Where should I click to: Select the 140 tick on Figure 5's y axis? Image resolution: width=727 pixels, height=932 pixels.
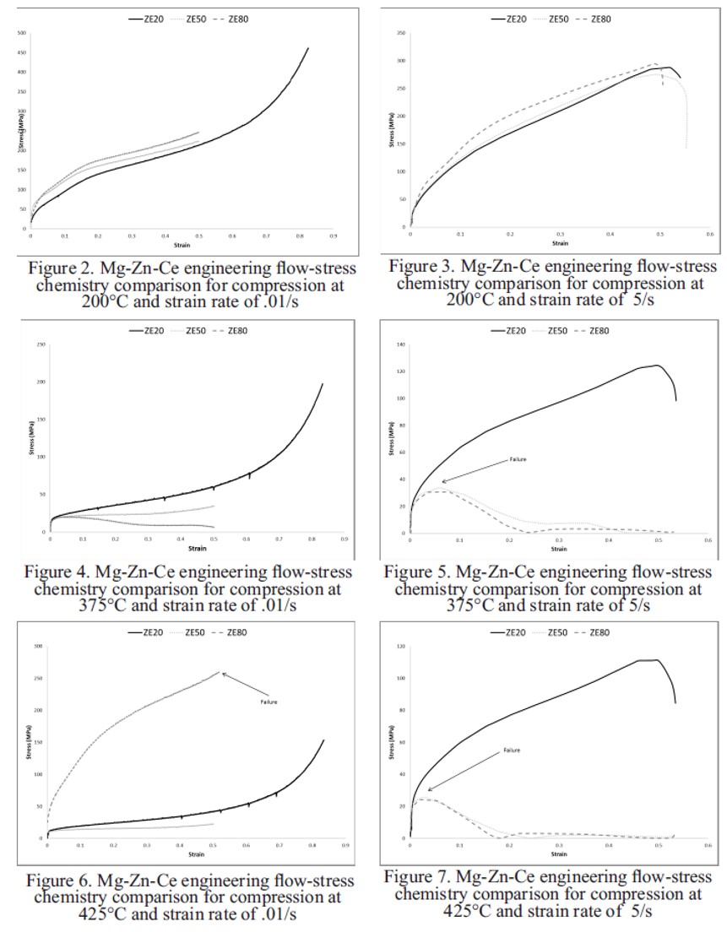click(x=402, y=345)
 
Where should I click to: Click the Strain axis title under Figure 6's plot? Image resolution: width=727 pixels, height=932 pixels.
click(x=195, y=855)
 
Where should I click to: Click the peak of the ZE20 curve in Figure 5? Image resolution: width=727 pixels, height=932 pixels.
click(x=655, y=366)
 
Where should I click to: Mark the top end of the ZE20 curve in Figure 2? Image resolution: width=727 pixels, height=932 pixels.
click(x=308, y=48)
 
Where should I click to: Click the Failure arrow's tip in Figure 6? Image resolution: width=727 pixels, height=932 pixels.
click(x=220, y=673)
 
